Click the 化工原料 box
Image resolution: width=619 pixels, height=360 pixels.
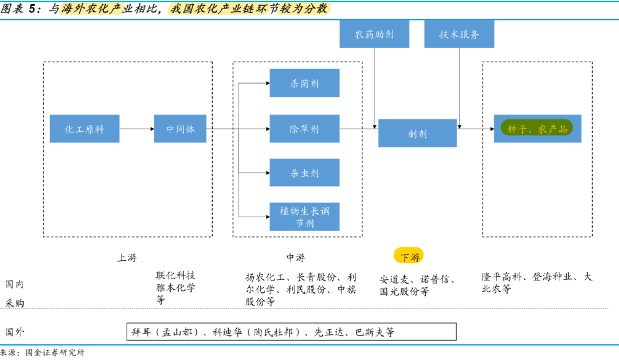pos(84,129)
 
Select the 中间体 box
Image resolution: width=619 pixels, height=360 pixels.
pos(180,129)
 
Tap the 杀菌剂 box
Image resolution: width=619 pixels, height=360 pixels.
pos(304,83)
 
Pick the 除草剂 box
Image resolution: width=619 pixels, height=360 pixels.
pos(304,129)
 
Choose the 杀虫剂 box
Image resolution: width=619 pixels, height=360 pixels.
pos(304,173)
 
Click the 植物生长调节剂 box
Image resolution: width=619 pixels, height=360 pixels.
pos(304,217)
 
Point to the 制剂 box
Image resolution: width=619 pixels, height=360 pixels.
pos(417,134)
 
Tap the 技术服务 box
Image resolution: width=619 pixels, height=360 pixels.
pos(459,34)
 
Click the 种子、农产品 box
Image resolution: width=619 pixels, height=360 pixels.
pos(537,129)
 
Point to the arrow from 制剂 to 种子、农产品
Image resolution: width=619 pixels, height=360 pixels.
pos(475,129)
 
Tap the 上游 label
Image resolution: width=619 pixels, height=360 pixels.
pos(127,257)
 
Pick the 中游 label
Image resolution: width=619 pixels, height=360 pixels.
pos(296,257)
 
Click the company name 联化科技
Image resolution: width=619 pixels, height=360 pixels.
pos(175,275)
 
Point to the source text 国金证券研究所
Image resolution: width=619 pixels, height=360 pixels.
pos(55,353)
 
